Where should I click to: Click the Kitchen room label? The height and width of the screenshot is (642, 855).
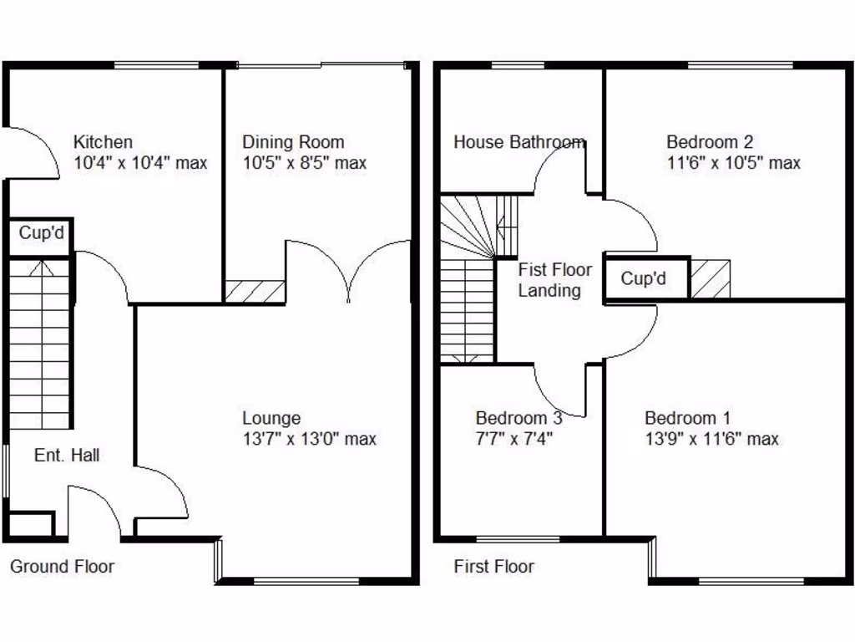pyautogui.click(x=103, y=142)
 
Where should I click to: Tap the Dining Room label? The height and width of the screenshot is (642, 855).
pyautogui.click(x=293, y=142)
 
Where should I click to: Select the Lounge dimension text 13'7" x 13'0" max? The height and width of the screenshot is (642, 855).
pyautogui.click(x=309, y=439)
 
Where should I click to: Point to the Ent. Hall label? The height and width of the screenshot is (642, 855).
pyautogui.click(x=67, y=456)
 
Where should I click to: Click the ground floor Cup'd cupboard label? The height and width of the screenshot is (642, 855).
pyautogui.click(x=41, y=233)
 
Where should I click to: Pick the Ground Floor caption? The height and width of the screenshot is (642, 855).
pyautogui.click(x=62, y=567)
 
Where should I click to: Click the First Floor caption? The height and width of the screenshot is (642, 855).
pyautogui.click(x=493, y=567)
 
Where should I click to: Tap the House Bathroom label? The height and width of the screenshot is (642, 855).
pyautogui.click(x=519, y=142)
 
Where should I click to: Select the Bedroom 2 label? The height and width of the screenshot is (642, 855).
pyautogui.click(x=710, y=142)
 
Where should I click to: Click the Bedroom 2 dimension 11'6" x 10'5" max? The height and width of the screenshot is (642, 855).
pyautogui.click(x=733, y=163)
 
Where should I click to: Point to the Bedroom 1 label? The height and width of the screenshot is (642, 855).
pyautogui.click(x=688, y=418)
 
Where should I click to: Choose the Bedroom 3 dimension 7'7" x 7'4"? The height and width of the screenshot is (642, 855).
pyautogui.click(x=515, y=439)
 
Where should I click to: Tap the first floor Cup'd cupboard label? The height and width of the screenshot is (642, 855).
pyautogui.click(x=643, y=278)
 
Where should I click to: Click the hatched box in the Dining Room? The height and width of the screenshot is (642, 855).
pyautogui.click(x=255, y=292)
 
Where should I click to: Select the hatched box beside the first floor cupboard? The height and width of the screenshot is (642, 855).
pyautogui.click(x=711, y=278)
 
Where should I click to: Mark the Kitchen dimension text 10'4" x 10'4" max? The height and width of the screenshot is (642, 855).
pyautogui.click(x=140, y=163)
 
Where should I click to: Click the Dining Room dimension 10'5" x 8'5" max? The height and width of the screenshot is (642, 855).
pyautogui.click(x=304, y=163)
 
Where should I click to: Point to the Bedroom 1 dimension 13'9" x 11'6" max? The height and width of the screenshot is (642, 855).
pyautogui.click(x=711, y=439)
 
